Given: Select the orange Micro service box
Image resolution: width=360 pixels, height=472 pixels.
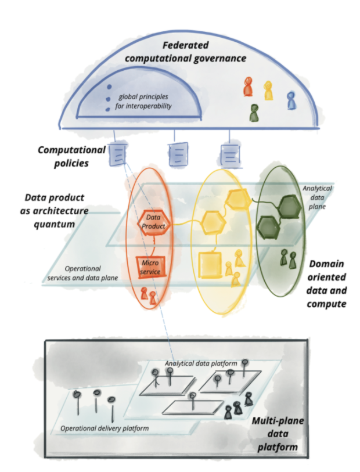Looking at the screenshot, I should [150, 267].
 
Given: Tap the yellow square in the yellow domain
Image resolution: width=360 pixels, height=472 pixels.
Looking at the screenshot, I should [210, 266].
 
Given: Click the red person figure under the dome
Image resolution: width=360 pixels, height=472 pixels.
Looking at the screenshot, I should [249, 87].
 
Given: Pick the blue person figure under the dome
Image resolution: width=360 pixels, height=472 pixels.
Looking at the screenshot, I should [291, 100].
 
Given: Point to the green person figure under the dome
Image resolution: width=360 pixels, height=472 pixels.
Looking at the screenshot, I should [254, 113].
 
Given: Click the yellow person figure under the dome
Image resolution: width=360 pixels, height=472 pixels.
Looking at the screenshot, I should [268, 91].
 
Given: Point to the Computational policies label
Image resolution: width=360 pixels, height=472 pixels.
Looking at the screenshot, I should [71, 156].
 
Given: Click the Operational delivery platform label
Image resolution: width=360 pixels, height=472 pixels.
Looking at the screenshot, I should [105, 428].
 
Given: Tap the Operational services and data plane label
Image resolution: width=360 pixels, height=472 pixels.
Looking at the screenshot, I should [84, 273].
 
